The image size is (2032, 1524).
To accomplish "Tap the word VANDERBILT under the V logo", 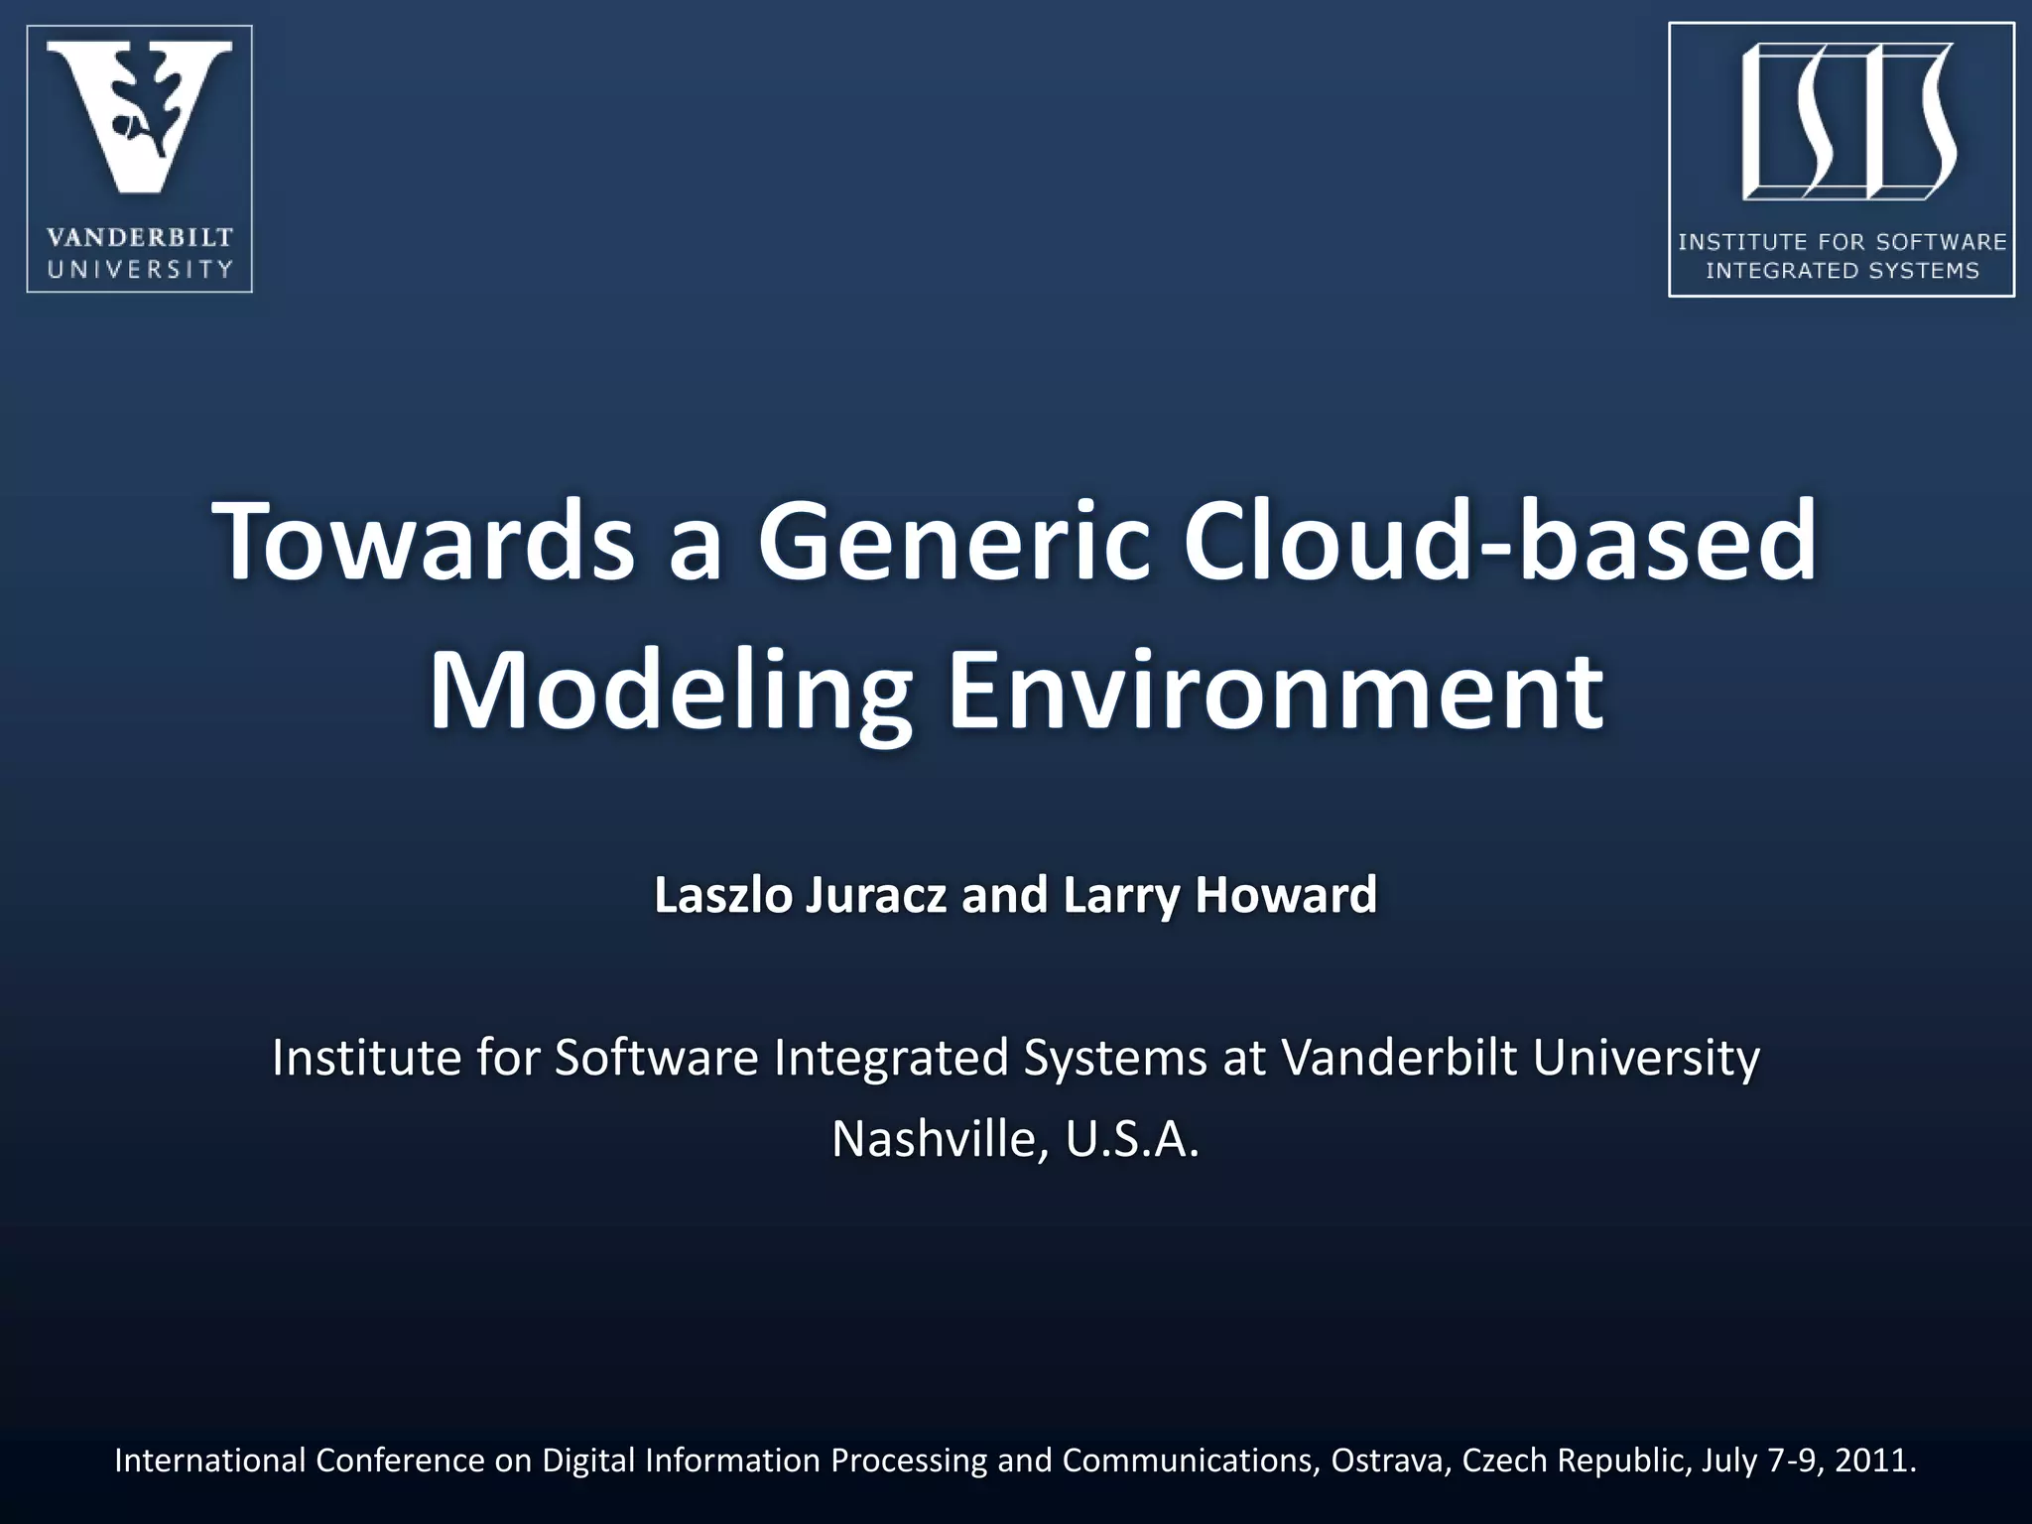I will pyautogui.click(x=139, y=238).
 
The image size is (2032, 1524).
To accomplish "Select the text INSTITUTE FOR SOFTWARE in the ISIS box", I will pyautogui.click(x=1841, y=242).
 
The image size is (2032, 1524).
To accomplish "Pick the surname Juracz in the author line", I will pyautogui.click(x=876, y=895).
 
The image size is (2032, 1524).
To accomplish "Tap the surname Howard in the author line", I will pyautogui.click(x=1286, y=895).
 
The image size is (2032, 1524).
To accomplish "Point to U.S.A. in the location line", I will pyautogui.click(x=1132, y=1139).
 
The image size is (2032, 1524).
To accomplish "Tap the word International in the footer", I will pyautogui.click(x=209, y=1460).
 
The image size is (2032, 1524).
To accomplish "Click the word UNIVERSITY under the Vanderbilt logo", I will pyautogui.click(x=139, y=269).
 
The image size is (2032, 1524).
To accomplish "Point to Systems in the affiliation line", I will pyautogui.click(x=1115, y=1058).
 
